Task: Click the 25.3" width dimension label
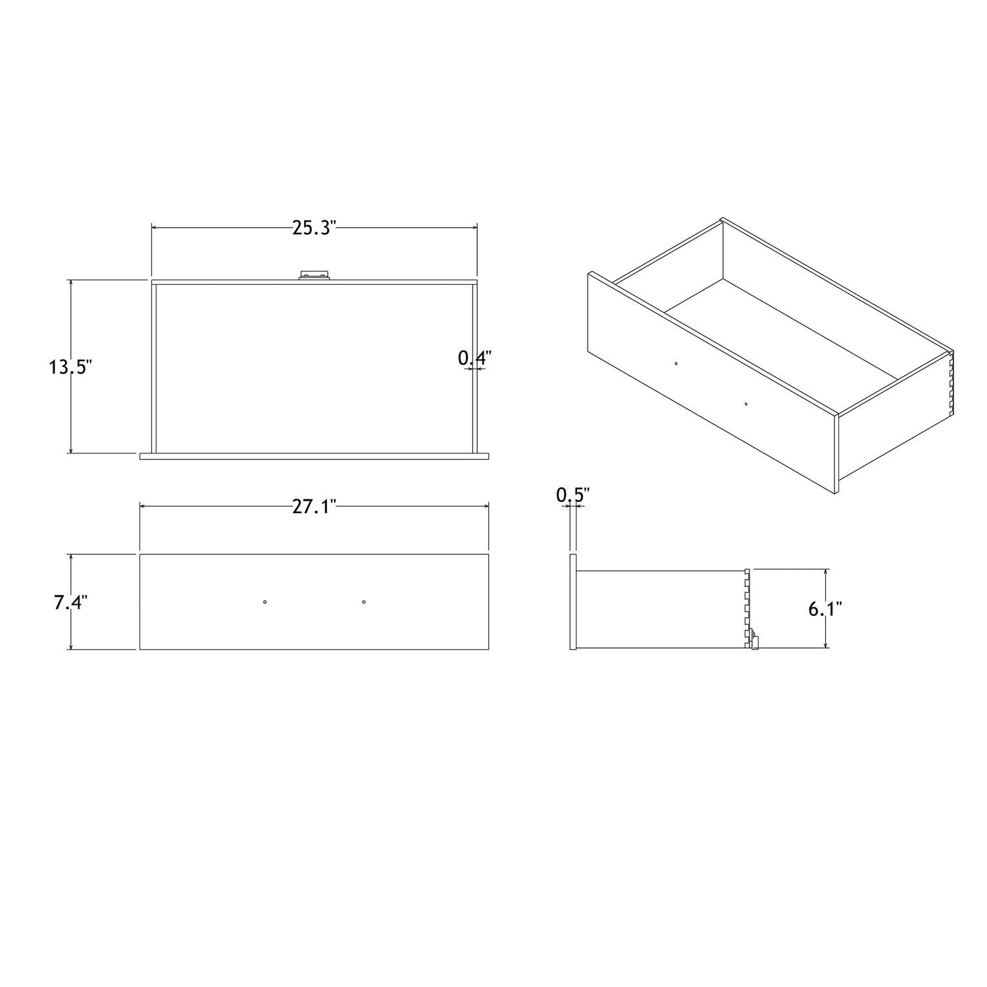(315, 228)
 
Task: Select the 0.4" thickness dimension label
(475, 358)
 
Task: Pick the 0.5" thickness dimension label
(573, 495)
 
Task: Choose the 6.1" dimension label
(825, 609)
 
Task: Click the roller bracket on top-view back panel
(313, 275)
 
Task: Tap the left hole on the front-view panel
(265, 601)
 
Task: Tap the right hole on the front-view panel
(364, 601)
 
